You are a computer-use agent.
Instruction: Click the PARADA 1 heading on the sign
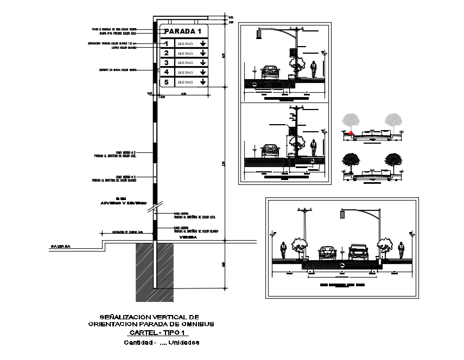186,31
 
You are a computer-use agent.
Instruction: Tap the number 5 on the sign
167,82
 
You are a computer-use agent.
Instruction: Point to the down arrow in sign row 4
202,72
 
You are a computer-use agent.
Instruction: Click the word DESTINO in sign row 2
185,53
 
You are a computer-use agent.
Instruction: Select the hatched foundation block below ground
155,271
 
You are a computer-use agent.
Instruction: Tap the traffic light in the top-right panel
259,34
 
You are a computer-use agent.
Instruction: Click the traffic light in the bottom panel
342,215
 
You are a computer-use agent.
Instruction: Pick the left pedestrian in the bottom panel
283,250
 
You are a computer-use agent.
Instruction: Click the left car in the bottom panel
327,252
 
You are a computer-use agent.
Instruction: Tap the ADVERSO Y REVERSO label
124,203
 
